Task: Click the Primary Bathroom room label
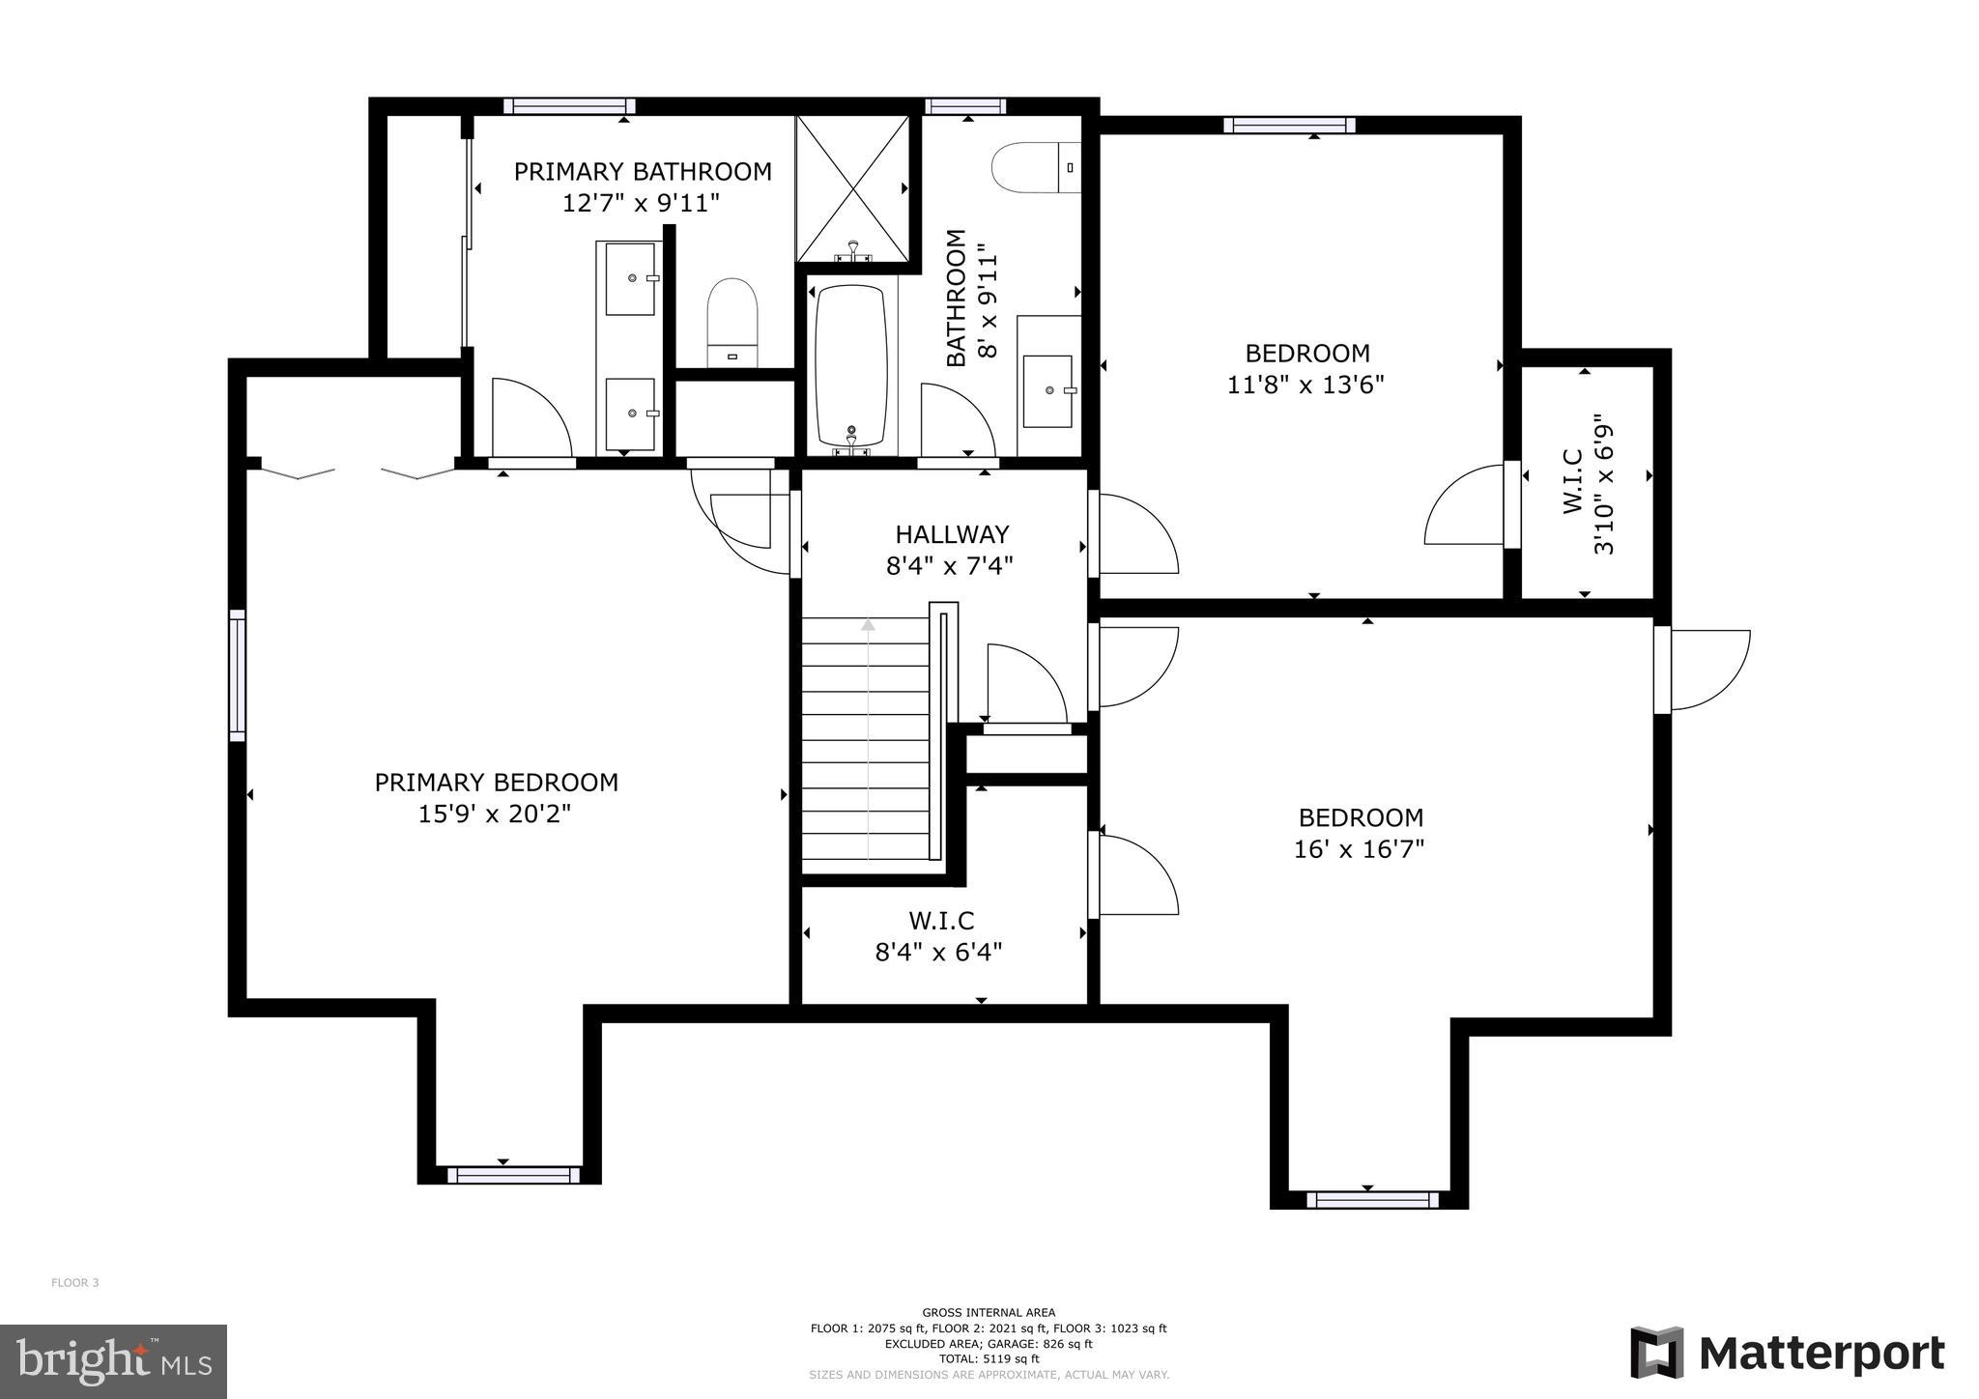coord(643,172)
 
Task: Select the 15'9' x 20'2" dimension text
coord(494,814)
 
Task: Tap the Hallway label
coord(952,534)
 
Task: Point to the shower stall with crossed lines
coord(852,188)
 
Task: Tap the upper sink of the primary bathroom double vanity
coord(631,279)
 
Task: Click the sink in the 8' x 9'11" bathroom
coord(1048,390)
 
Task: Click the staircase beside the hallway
coord(867,739)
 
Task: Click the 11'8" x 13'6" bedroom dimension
coord(1305,385)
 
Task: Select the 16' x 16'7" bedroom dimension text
coord(1360,849)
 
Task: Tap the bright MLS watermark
coord(113,1361)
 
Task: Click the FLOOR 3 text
coord(75,1283)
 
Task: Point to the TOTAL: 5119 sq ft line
coord(989,1358)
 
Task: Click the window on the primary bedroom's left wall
coord(237,675)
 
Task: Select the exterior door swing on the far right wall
coord(1708,669)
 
